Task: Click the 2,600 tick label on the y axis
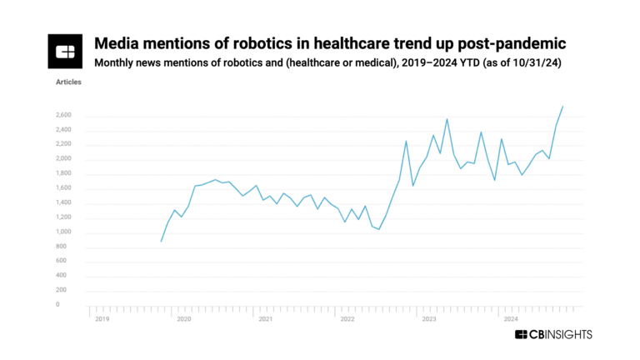click(64, 115)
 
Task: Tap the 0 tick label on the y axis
click(57, 305)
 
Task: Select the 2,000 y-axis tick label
click(64, 158)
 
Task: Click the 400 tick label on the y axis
click(62, 276)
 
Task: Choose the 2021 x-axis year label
click(265, 318)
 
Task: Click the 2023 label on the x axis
click(428, 318)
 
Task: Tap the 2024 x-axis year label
click(510, 318)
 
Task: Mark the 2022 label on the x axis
click(347, 318)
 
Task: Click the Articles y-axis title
click(68, 84)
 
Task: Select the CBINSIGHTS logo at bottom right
click(553, 334)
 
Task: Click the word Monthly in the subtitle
click(117, 63)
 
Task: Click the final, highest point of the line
click(563, 107)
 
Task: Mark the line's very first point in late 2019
click(161, 242)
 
